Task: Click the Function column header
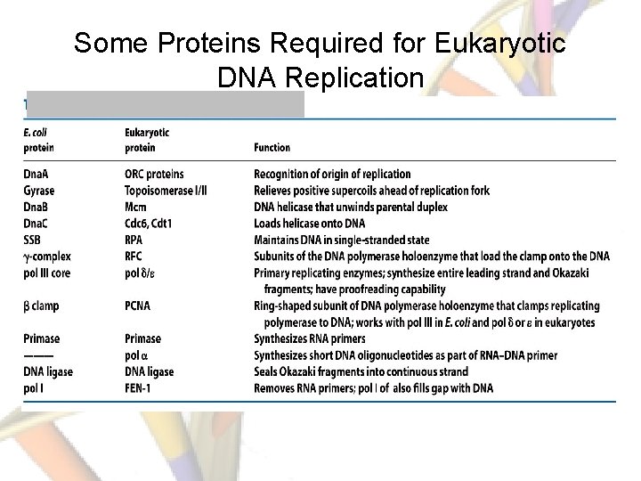[272, 148]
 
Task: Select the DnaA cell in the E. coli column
[38, 174]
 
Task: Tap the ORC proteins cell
[155, 174]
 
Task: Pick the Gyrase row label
[39, 191]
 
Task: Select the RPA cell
[136, 240]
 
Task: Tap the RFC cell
[135, 256]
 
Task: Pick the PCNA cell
[139, 306]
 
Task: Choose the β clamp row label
[42, 306]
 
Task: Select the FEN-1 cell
[141, 388]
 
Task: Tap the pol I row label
[35, 388]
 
